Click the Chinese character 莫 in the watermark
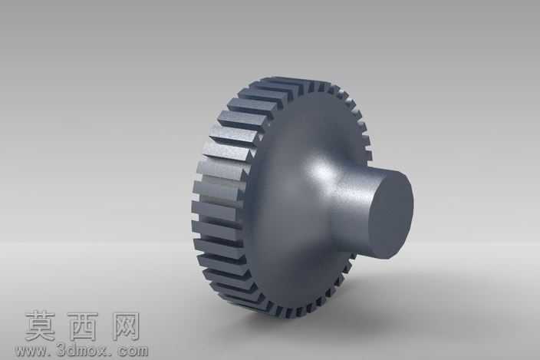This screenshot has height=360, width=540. coord(40,326)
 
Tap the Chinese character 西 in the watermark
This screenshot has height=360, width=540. coord(83,326)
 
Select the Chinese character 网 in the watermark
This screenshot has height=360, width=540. coord(125,326)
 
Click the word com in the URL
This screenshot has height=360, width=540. coord(133,352)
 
